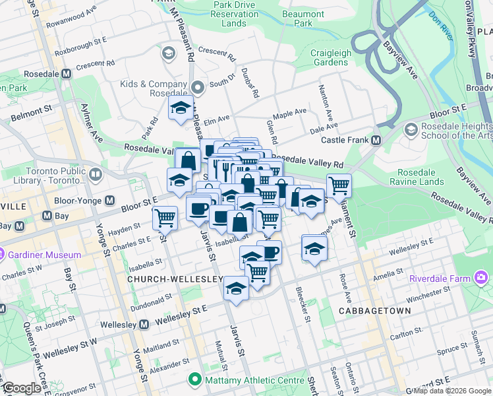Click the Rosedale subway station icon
[x=66, y=74]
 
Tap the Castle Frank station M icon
[x=376, y=140]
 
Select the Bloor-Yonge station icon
[x=109, y=200]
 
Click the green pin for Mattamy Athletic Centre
[x=194, y=379]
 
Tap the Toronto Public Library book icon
[x=96, y=175]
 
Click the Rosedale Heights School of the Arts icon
[x=411, y=129]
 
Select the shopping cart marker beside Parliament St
[x=339, y=186]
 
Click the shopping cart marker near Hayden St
[x=165, y=218]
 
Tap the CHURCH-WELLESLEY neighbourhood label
[x=175, y=279]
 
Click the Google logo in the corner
[x=22, y=388]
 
